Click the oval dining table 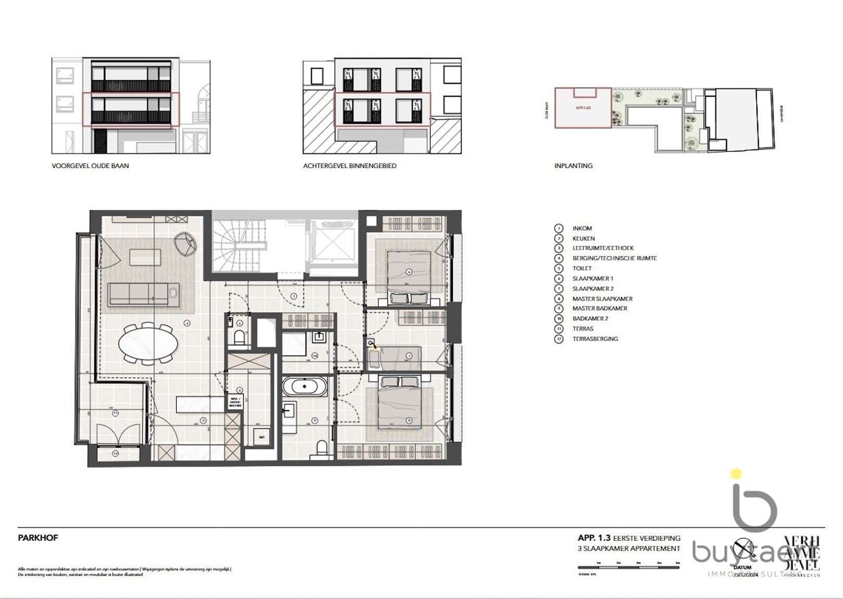coord(148,343)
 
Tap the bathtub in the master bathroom coord(305,387)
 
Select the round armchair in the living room coord(186,243)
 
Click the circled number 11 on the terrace coord(115,413)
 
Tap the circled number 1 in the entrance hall coord(293,296)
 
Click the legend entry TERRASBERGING coord(595,339)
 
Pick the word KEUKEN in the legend coord(583,238)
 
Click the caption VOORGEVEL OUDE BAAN coord(90,166)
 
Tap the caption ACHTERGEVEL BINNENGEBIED coord(350,166)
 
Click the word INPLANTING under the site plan coord(573,166)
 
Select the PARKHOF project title coord(38,538)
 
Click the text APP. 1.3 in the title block coord(594,538)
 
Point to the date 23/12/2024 coord(745,575)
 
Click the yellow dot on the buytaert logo coord(736,474)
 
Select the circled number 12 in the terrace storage coord(115,454)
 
